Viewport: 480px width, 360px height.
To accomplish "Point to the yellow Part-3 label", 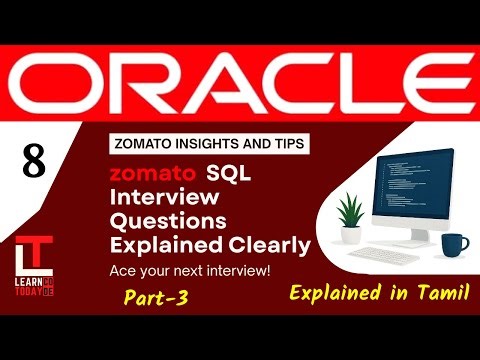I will click(x=157, y=297).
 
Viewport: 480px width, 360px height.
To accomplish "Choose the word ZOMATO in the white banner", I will click(x=141, y=143).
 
